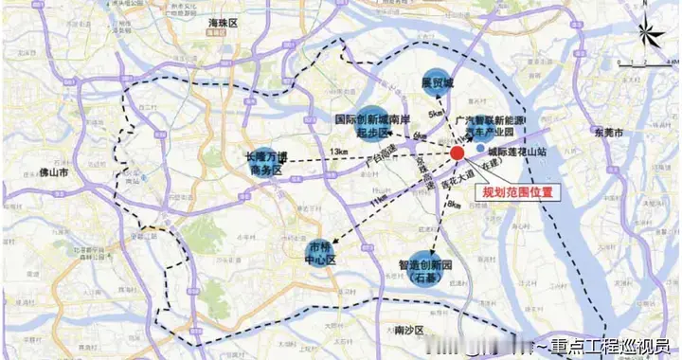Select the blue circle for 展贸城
point(435,83)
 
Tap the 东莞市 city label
point(603,132)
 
